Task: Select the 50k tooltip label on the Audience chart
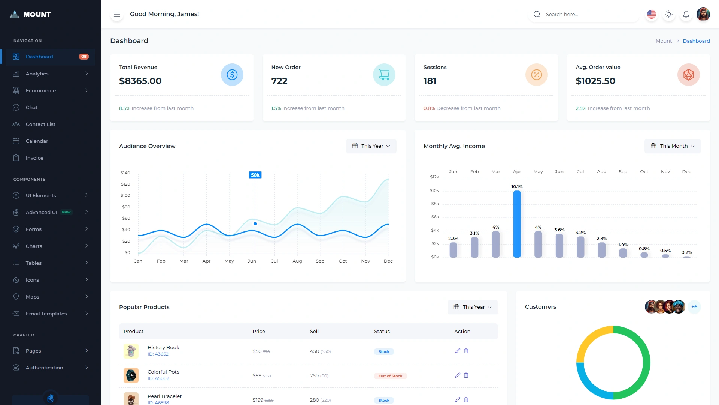click(255, 175)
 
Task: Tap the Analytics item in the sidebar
click(37, 73)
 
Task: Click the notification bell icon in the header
click(686, 14)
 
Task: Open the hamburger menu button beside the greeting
click(117, 14)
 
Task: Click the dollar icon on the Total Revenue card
click(232, 75)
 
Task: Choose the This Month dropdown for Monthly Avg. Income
click(673, 146)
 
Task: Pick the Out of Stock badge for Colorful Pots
click(390, 376)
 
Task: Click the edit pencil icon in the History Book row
click(457, 351)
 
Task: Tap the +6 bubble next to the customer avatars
click(694, 307)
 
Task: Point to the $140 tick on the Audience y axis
click(125, 173)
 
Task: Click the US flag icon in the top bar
click(652, 14)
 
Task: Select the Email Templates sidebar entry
click(46, 313)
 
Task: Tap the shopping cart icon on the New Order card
click(384, 75)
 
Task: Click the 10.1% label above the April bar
click(517, 187)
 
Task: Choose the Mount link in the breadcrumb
click(664, 41)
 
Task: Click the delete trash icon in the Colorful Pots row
click(466, 375)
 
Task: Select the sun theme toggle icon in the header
click(669, 14)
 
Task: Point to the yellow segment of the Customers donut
click(589, 339)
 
